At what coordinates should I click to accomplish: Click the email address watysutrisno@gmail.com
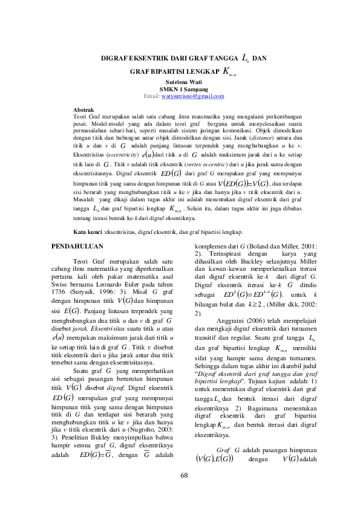click(193, 97)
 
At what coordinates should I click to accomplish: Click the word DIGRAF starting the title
click(113, 59)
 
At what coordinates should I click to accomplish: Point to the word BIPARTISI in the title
click(180, 72)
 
